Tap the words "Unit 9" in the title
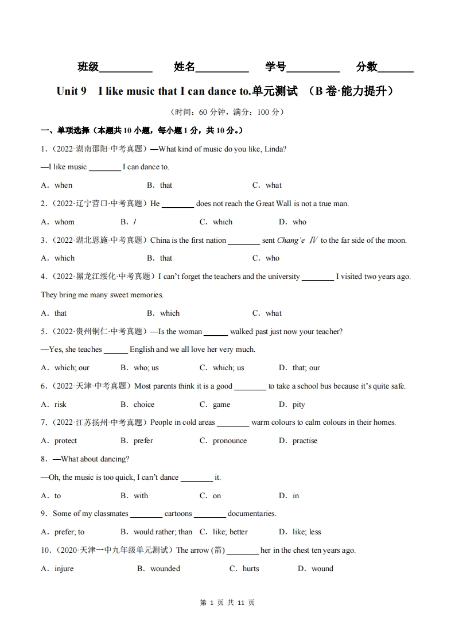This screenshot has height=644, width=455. pyautogui.click(x=71, y=91)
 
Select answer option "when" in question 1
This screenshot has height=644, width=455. pyautogui.click(x=63, y=185)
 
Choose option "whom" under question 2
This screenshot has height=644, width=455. pyautogui.click(x=64, y=222)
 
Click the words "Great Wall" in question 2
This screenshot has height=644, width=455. pyautogui.click(x=274, y=204)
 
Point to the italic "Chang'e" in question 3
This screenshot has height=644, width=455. pyautogui.click(x=291, y=240)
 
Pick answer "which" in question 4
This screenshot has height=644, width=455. pyautogui.click(x=170, y=313)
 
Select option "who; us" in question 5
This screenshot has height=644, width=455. pyautogui.click(x=146, y=368)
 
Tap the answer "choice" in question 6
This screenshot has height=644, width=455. pyautogui.click(x=144, y=405)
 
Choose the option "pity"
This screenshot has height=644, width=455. pyautogui.click(x=299, y=405)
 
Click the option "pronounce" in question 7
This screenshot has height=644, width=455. pyautogui.click(x=230, y=441)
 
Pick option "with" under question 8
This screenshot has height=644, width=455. pyautogui.click(x=141, y=496)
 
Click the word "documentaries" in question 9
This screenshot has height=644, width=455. pyautogui.click(x=252, y=514)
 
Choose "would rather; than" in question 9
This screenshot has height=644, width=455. pyautogui.click(x=163, y=532)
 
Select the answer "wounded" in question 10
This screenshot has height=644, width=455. pyautogui.click(x=165, y=569)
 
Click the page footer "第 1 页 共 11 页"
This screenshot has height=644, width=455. pyautogui.click(x=227, y=603)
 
